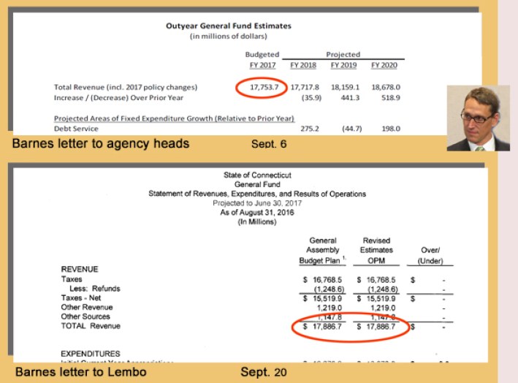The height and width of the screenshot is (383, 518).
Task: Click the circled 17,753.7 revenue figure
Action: (x=262, y=87)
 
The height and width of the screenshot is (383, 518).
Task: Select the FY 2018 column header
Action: (x=302, y=66)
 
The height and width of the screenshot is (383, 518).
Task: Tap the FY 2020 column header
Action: (x=384, y=66)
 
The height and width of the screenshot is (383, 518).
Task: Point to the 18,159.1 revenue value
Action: (x=343, y=87)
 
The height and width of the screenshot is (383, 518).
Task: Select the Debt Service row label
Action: (x=75, y=129)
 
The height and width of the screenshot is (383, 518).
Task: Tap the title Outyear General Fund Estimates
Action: (x=229, y=26)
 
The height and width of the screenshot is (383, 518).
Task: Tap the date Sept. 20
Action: (x=264, y=372)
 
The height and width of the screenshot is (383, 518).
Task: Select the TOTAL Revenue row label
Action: (x=91, y=326)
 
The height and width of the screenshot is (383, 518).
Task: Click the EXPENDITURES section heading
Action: (x=90, y=354)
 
